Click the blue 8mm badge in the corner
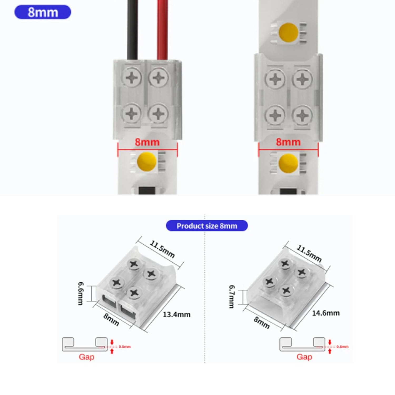[43, 12]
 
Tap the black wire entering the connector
[132, 29]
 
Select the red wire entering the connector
[162, 29]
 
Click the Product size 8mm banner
[207, 226]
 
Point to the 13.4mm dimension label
[176, 314]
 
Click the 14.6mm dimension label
[326, 313]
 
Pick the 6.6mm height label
[81, 293]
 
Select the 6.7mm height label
[232, 297]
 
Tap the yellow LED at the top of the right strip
[289, 32]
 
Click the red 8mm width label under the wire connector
[147, 142]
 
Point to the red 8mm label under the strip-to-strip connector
[288, 142]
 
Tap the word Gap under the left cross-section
[86, 357]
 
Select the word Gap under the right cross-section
[304, 357]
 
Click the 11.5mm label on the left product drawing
[162, 249]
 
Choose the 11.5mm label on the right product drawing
[309, 253]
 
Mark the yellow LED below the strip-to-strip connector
[288, 163]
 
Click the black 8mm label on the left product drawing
[111, 319]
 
